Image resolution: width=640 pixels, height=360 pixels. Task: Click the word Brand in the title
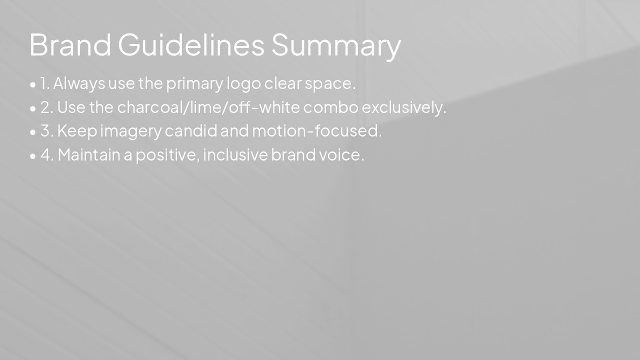[x=70, y=44]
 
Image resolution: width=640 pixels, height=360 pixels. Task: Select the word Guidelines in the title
[x=191, y=44]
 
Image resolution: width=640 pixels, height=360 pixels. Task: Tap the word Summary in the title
[x=336, y=45]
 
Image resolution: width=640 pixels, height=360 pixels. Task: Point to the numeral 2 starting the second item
[x=45, y=107]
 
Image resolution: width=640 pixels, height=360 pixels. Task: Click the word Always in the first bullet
[x=79, y=83]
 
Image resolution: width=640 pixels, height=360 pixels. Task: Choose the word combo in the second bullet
[x=330, y=107]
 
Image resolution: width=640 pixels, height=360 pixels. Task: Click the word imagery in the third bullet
[x=131, y=131]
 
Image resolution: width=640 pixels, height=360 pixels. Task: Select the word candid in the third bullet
[x=191, y=131]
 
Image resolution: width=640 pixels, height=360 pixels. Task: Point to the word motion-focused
[x=315, y=131]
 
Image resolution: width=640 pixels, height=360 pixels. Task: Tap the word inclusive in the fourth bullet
[x=235, y=155]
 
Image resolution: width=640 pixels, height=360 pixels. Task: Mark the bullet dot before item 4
[x=33, y=156]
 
